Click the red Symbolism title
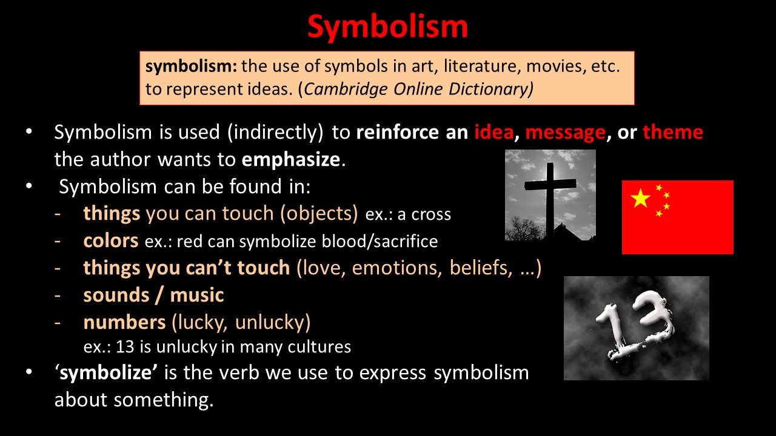(x=387, y=28)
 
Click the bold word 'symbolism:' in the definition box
(x=191, y=67)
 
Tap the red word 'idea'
(x=493, y=132)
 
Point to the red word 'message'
(x=566, y=133)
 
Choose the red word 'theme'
(x=673, y=132)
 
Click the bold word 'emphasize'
(x=291, y=160)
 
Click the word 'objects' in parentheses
(x=319, y=214)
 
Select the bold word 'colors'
(x=111, y=240)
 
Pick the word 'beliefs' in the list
(x=481, y=268)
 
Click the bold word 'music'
(x=197, y=295)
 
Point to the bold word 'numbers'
(x=124, y=323)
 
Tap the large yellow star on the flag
(x=640, y=198)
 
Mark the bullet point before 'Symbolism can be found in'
(x=29, y=186)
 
